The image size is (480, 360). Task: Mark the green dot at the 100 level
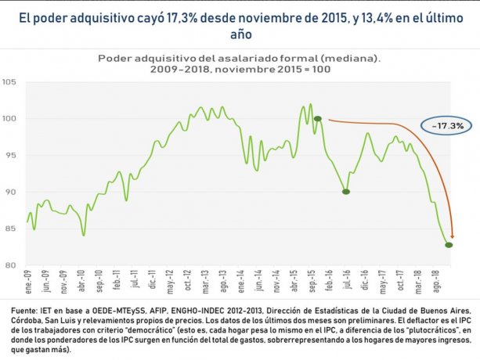[x=318, y=119]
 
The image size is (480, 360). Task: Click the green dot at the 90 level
[x=345, y=192]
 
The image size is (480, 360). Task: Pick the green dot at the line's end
[x=449, y=245]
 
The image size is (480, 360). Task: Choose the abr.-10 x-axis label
[x=81, y=279]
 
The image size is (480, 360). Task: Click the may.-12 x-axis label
[x=170, y=279]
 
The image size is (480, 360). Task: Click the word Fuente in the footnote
[x=21, y=310]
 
